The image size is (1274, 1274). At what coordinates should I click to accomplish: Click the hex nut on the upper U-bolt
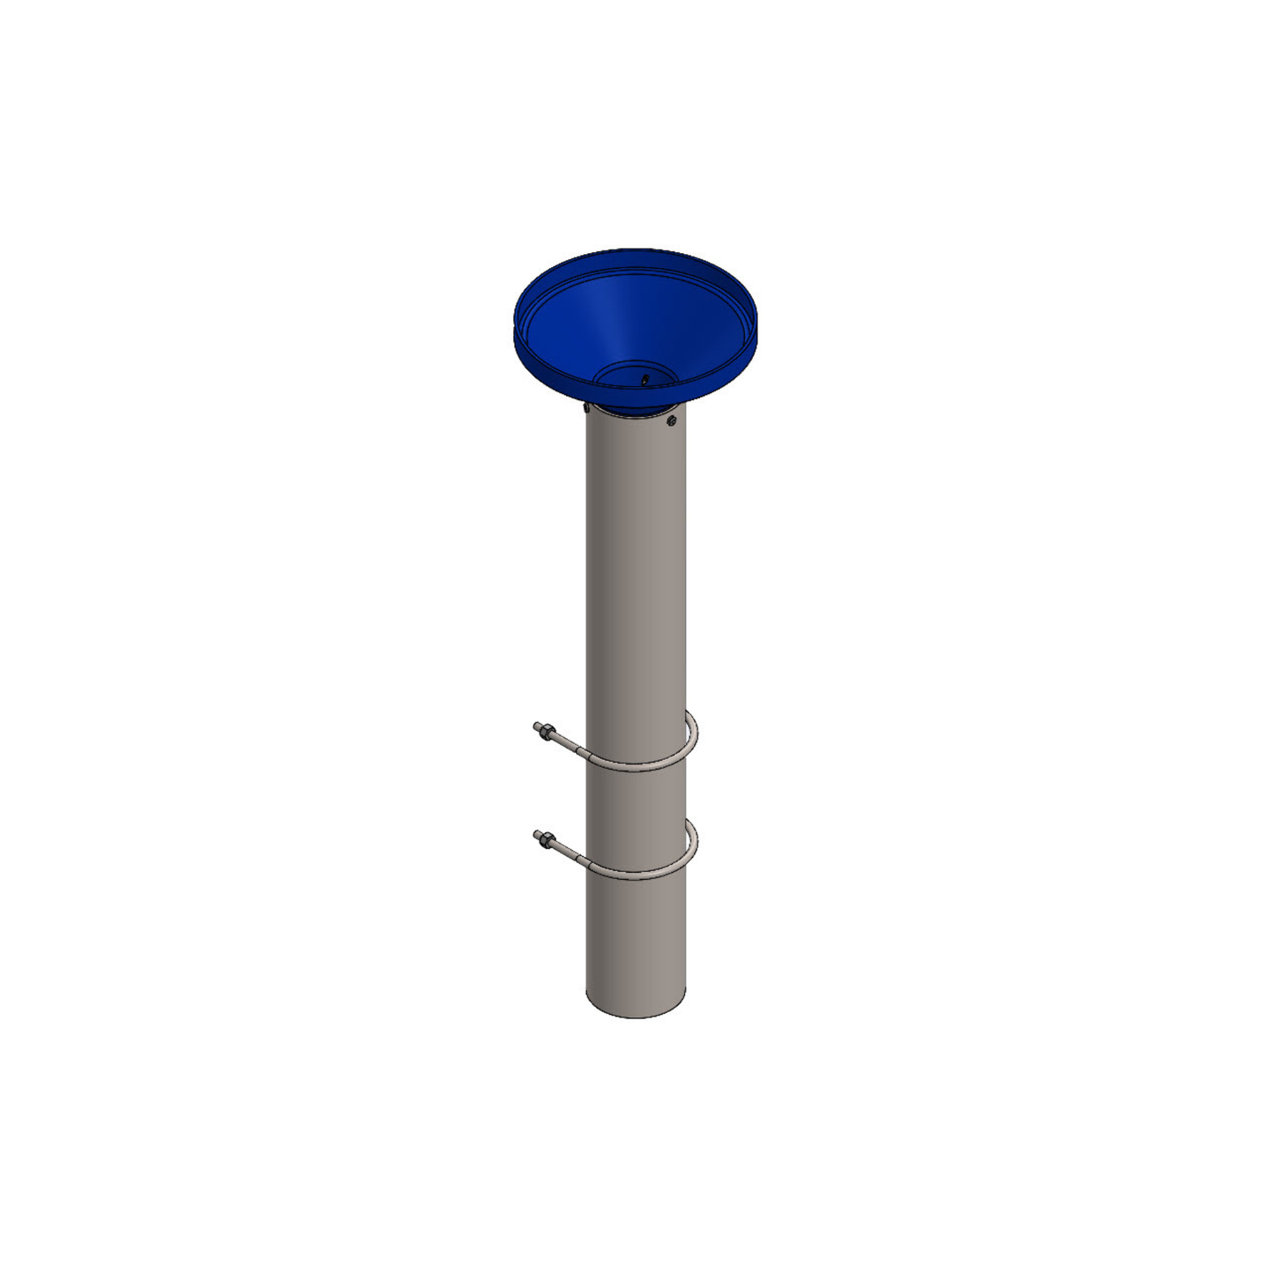click(x=548, y=732)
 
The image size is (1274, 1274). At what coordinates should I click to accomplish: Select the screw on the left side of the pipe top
click(x=586, y=406)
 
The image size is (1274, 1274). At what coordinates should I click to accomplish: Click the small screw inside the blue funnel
click(x=645, y=380)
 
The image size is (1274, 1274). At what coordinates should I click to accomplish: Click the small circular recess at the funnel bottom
click(x=635, y=375)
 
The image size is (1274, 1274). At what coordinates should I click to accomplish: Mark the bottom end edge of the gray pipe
click(x=636, y=1017)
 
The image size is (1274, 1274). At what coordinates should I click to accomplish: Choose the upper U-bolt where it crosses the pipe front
click(x=635, y=769)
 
